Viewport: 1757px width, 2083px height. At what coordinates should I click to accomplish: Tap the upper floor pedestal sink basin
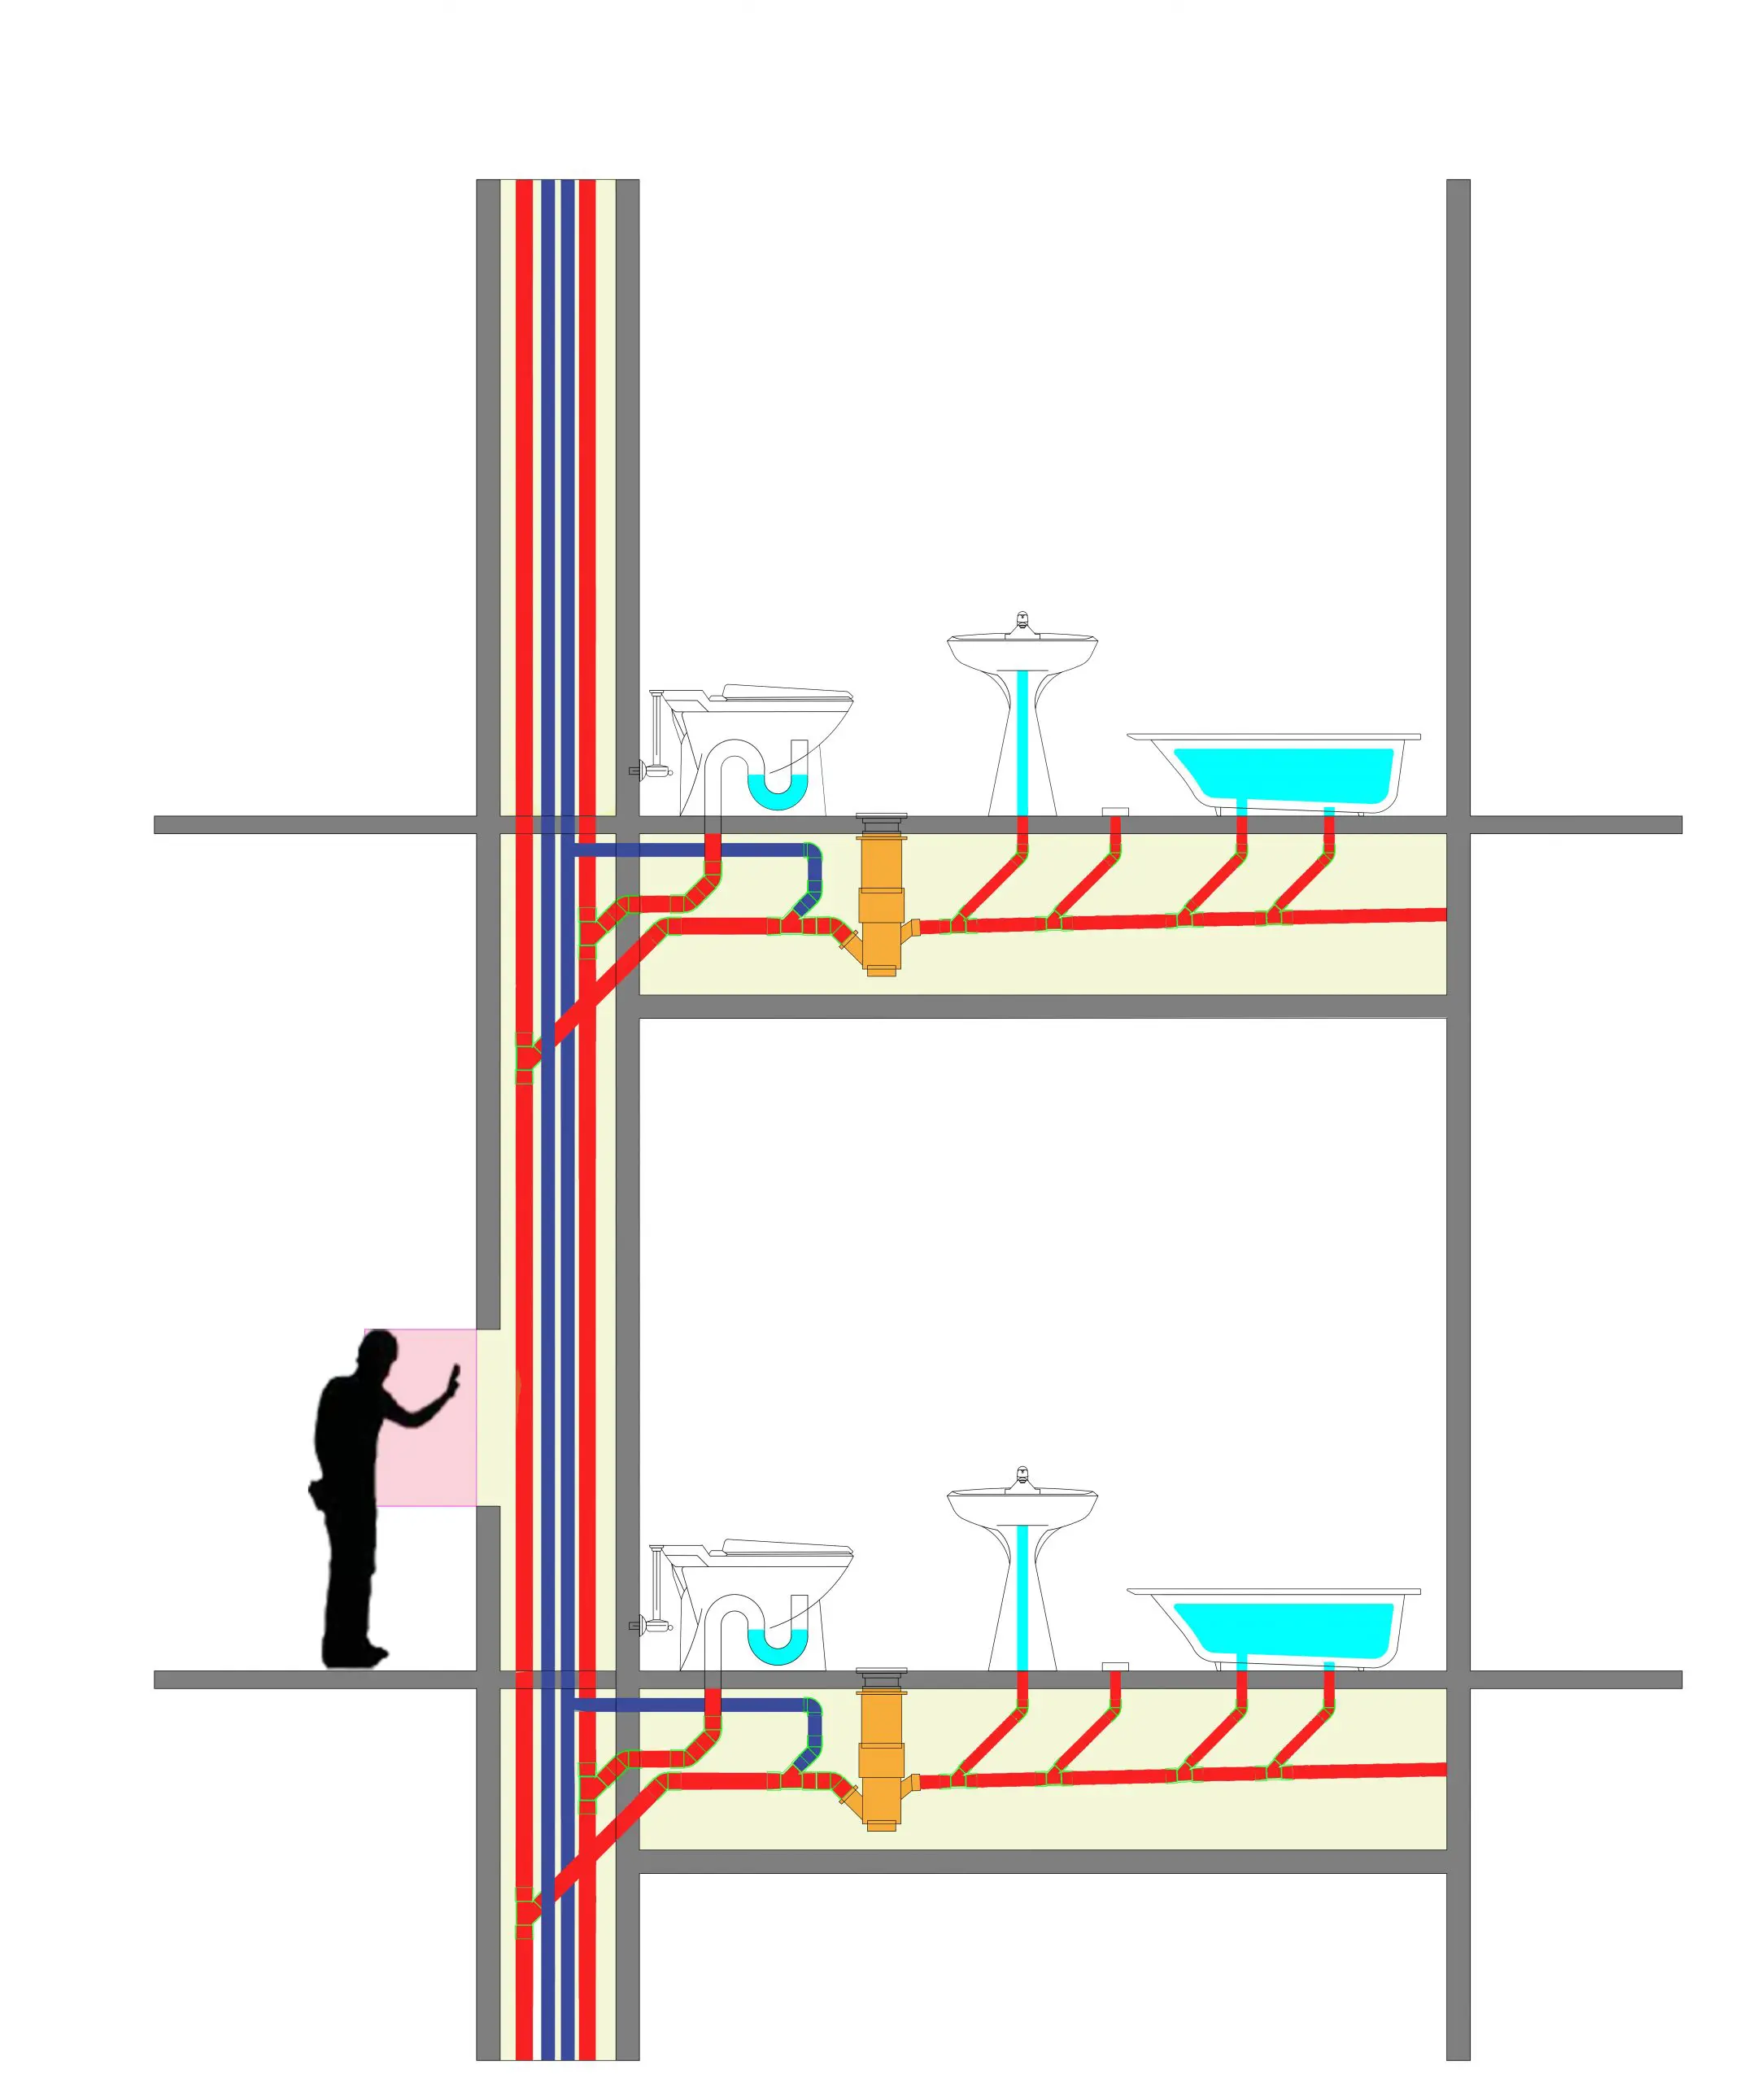coord(1022,652)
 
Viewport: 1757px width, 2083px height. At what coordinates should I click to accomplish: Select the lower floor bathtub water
coord(1285,1630)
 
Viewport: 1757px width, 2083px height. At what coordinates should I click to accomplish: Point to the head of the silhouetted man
coord(377,1354)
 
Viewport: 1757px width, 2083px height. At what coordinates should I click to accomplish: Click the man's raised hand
coord(454,1380)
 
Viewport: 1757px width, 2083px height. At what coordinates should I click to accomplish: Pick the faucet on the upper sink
coord(1022,623)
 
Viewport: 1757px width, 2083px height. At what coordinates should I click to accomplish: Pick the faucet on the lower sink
coord(1022,1478)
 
